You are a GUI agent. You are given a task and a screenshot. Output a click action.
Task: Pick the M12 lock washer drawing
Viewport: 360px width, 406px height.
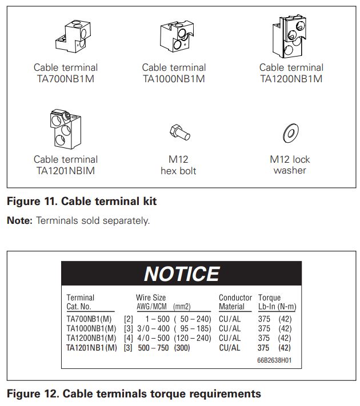pos(290,134)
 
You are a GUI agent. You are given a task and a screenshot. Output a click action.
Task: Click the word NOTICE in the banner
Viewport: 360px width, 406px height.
pos(182,274)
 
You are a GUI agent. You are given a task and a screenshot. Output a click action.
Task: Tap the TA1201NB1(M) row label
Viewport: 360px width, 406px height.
pos(91,347)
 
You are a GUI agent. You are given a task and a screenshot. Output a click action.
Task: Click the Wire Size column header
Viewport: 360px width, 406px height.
pos(151,298)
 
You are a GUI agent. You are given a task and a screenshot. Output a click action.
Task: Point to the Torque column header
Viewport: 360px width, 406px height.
pos(269,298)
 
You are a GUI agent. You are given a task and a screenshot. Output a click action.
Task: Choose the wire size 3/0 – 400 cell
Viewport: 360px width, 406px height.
pos(153,328)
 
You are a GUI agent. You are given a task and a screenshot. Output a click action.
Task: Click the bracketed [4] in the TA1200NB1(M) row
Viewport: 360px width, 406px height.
pos(129,338)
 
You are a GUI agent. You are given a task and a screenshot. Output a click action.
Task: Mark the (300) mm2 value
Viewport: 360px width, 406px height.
pos(182,347)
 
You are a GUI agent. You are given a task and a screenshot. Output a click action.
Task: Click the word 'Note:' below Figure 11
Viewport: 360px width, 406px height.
pos(20,220)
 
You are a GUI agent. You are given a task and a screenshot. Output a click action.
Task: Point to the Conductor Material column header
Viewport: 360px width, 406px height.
pos(235,302)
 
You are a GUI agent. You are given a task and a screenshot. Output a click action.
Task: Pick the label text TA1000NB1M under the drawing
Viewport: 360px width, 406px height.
pos(174,79)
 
